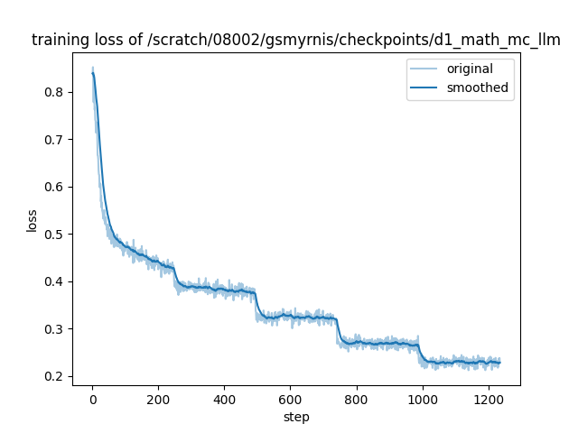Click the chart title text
(x=296, y=40)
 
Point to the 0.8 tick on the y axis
(x=57, y=92)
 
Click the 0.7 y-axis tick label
(x=57, y=140)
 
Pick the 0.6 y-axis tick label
(x=57, y=187)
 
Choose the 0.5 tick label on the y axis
(x=57, y=235)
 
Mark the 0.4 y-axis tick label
(x=57, y=281)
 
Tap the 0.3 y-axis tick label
(x=57, y=329)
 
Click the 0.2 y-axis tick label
(x=57, y=376)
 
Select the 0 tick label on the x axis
(x=92, y=400)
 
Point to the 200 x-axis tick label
(x=158, y=400)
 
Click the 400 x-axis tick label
(x=224, y=400)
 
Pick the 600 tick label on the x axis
(x=290, y=400)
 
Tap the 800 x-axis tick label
(x=356, y=400)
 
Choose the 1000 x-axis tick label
(x=422, y=400)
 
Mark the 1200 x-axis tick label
(x=488, y=400)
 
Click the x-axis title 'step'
(x=296, y=417)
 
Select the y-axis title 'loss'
(x=33, y=220)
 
